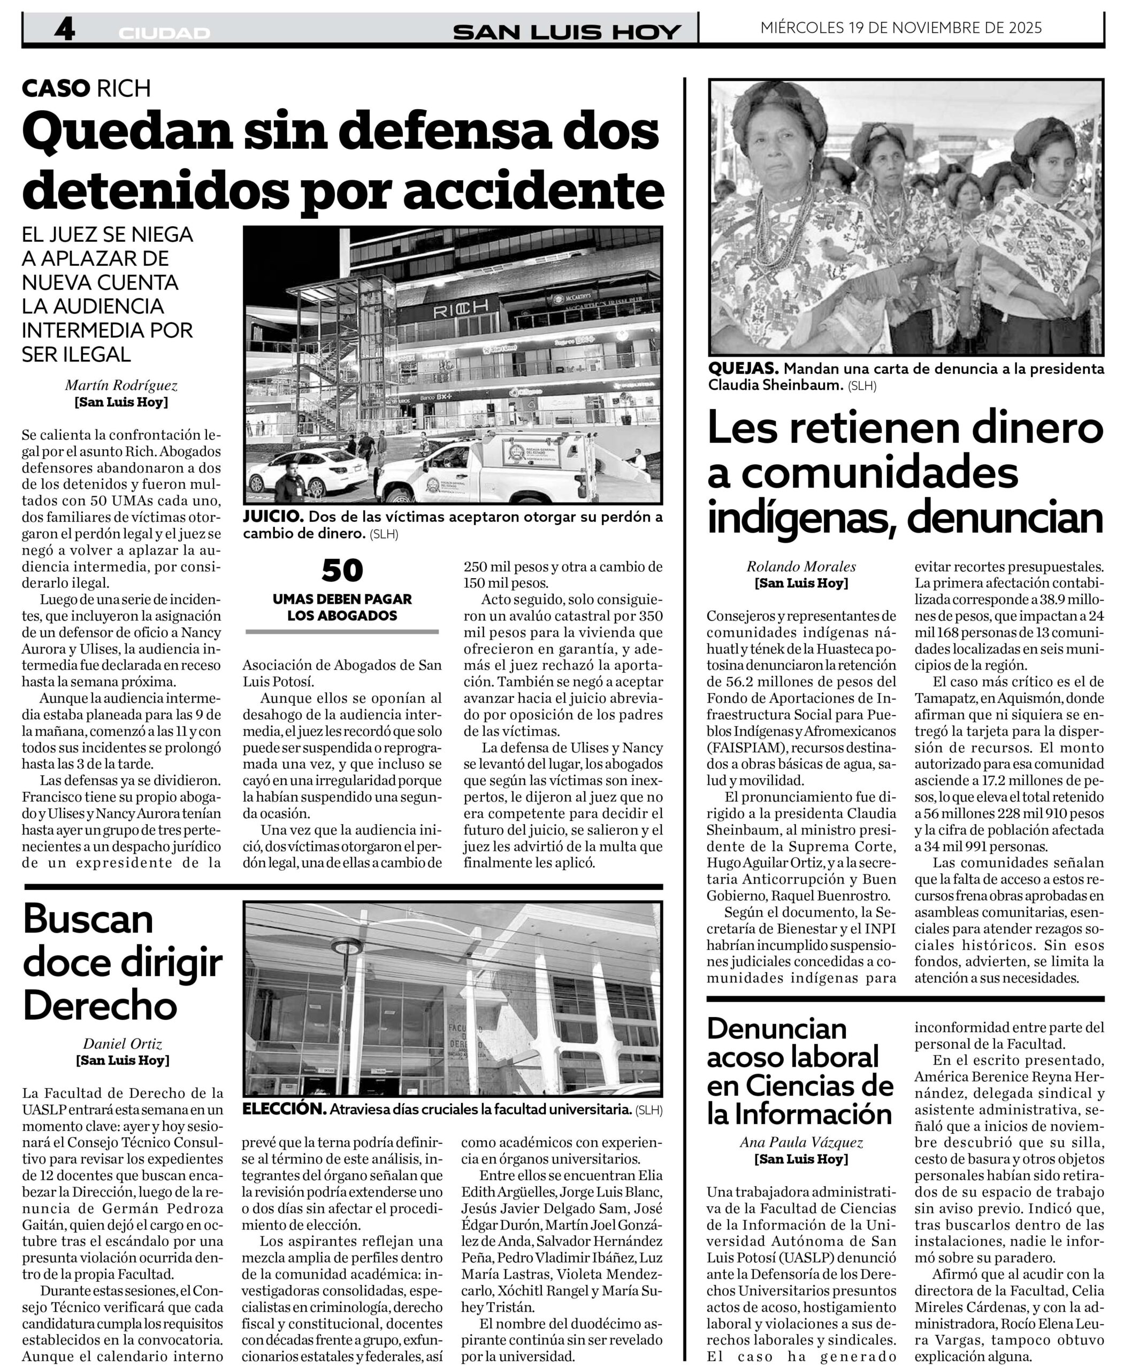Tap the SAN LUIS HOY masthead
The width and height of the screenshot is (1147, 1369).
click(567, 32)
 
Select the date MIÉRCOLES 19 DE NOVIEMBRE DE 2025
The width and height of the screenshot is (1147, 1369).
click(900, 27)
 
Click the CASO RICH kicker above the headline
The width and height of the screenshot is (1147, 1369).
click(86, 88)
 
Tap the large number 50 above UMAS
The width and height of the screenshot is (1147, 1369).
click(342, 571)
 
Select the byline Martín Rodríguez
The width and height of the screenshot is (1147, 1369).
click(121, 386)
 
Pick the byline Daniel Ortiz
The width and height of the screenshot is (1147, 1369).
click(123, 1044)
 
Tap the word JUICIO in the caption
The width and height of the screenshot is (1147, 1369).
click(272, 517)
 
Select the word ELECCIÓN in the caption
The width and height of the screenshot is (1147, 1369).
click(284, 1109)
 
